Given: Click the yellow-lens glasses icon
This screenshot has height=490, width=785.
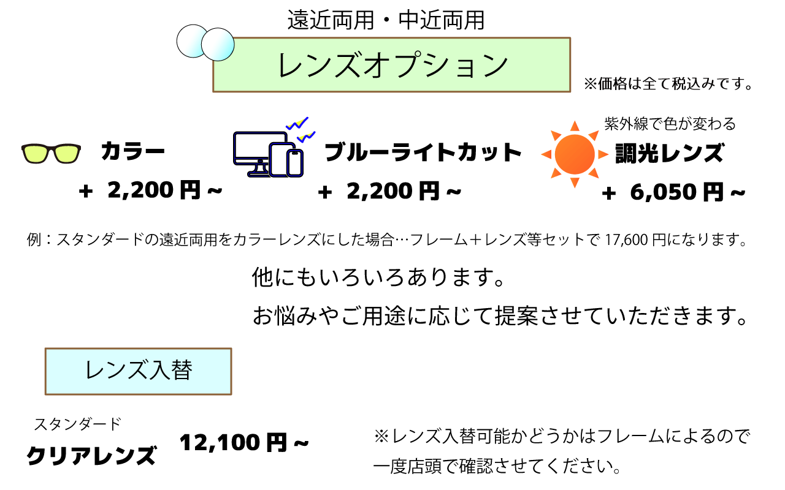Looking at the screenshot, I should click(x=51, y=154).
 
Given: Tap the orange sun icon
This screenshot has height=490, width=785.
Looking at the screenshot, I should click(x=575, y=154).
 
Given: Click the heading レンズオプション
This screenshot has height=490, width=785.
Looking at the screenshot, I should click(x=392, y=66).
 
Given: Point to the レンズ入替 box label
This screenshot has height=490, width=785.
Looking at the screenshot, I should click(x=139, y=371).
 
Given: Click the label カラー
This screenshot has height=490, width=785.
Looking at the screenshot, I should click(x=133, y=152).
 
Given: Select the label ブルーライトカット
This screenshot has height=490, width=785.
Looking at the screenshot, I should click(x=423, y=153).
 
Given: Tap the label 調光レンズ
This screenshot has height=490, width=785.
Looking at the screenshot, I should click(x=670, y=153).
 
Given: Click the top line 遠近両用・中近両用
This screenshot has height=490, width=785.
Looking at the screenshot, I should click(x=386, y=20).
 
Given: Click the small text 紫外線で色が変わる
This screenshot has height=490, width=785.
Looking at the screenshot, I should click(x=670, y=124).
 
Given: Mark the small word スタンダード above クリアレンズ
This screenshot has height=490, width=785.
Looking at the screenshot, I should click(x=77, y=423).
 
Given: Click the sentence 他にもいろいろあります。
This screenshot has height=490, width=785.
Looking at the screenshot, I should click(x=378, y=279).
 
